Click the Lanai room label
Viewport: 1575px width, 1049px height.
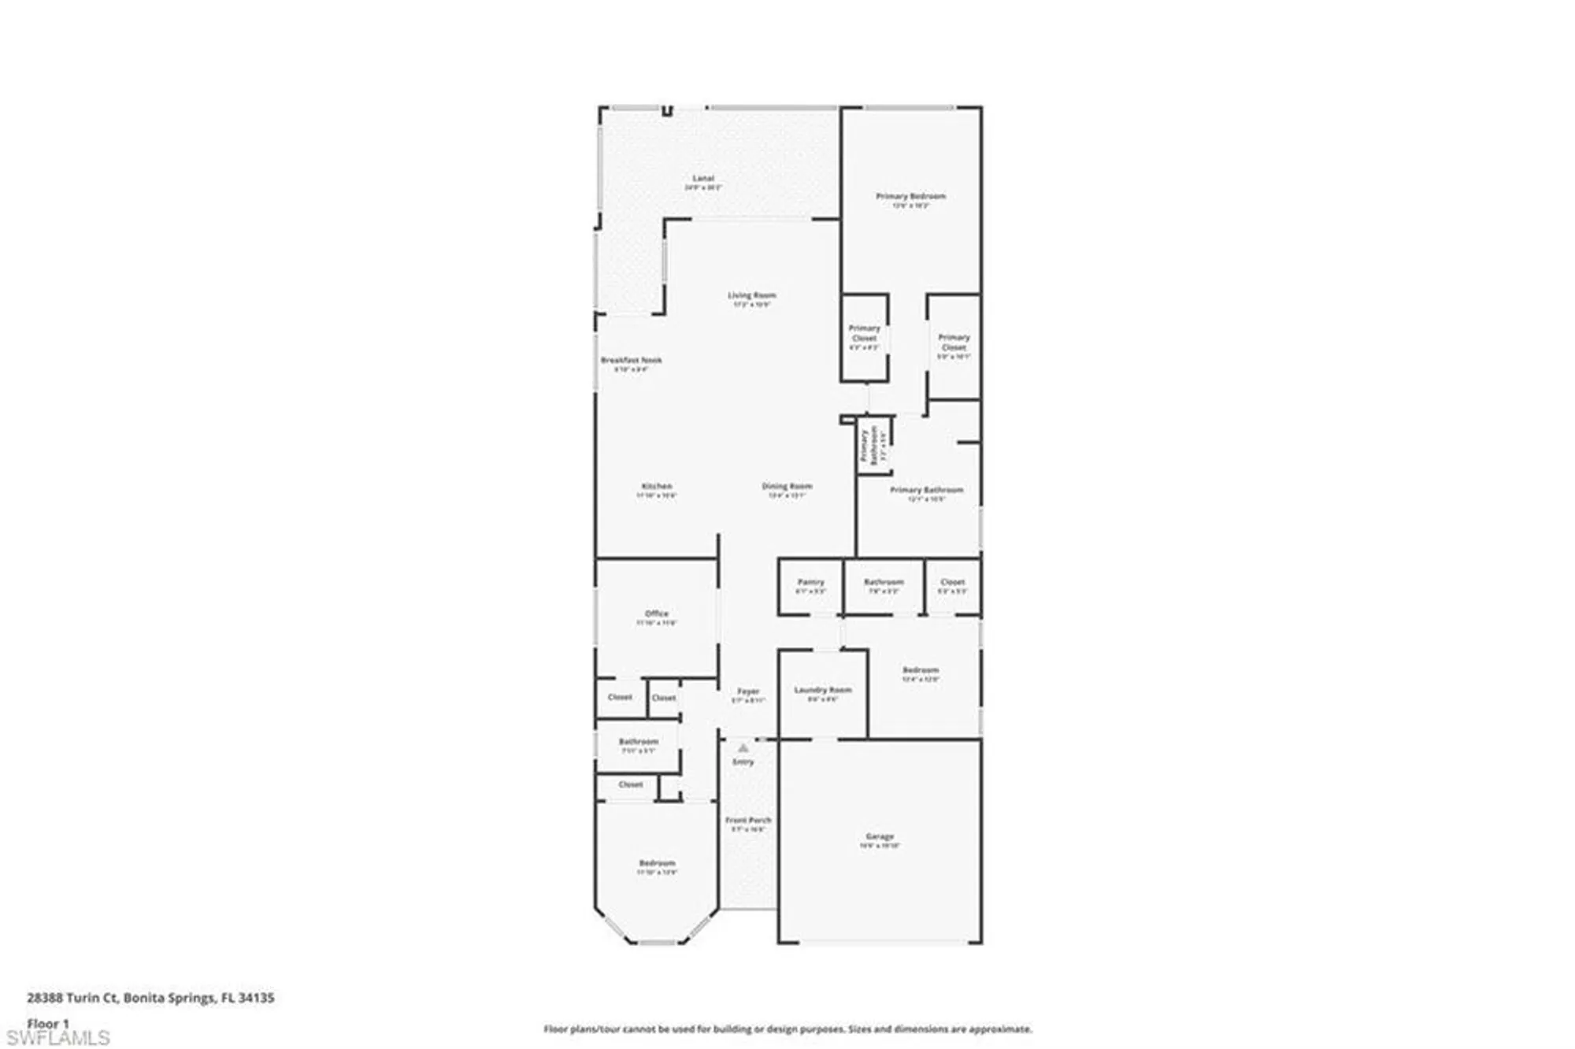[703, 179]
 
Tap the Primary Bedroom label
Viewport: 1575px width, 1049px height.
[910, 196]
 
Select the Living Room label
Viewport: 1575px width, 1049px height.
[751, 296]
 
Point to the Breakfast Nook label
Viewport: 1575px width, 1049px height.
[632, 361]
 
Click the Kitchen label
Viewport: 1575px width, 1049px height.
[657, 487]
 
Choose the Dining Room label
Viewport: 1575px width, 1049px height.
[787, 487]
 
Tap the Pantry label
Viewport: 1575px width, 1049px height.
[810, 582]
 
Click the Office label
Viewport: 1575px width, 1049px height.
[657, 613]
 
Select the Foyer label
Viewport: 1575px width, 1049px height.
[748, 691]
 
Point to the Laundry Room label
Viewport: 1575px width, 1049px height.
[823, 690]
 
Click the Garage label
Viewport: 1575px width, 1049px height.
[880, 836]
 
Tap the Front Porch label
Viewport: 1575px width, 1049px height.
[748, 821]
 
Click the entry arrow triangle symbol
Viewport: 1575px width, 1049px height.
[743, 748]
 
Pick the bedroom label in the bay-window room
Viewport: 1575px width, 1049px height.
[657, 863]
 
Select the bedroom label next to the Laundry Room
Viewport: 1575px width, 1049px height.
[921, 670]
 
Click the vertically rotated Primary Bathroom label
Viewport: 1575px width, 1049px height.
[869, 445]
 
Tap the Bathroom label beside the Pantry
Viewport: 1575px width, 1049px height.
[884, 582]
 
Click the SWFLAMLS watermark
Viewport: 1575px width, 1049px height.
[57, 1038]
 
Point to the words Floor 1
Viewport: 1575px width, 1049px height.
[48, 1024]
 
